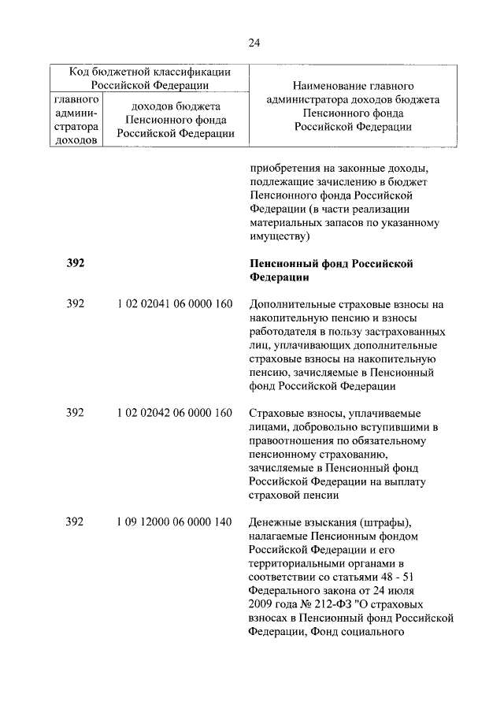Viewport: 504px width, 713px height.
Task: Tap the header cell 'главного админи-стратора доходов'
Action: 76,121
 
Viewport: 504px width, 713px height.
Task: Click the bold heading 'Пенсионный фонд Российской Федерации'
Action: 331,270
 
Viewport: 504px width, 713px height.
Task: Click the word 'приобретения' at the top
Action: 283,167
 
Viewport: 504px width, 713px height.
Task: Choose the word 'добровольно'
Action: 323,427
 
